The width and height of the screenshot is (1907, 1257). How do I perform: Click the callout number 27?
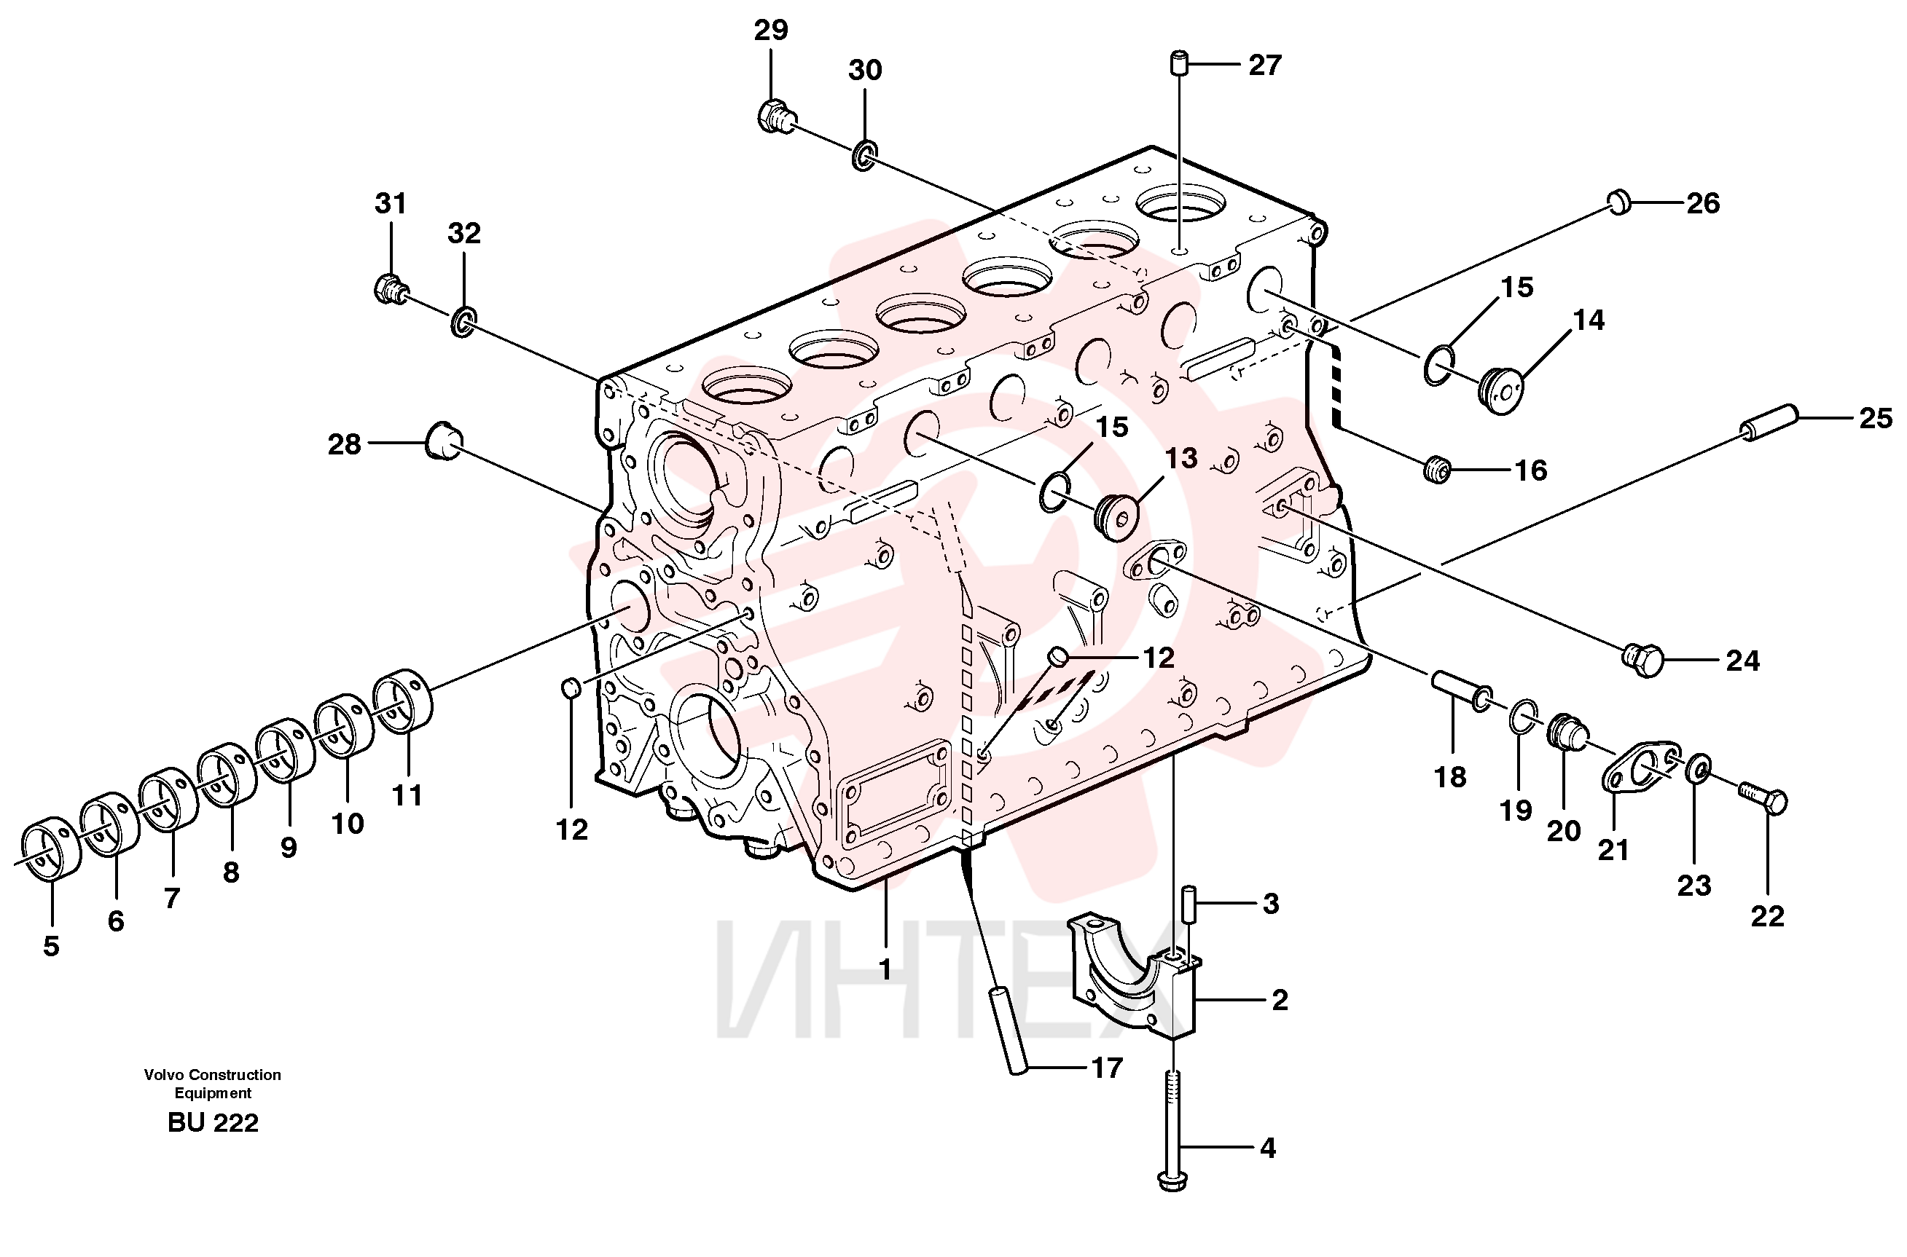(x=1264, y=65)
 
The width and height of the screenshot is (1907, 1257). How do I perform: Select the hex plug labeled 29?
(x=775, y=117)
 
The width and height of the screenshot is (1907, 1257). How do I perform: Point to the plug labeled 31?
(x=391, y=288)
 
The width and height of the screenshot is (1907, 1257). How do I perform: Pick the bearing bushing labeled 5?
(x=50, y=850)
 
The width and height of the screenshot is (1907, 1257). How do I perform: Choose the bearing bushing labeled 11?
(x=404, y=699)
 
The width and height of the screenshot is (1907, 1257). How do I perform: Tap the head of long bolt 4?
(x=1172, y=1180)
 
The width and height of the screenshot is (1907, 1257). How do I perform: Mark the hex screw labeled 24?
(x=1642, y=659)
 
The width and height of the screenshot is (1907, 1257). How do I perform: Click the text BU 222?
(x=214, y=1123)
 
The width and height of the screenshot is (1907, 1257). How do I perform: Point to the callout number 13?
(x=1180, y=458)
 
